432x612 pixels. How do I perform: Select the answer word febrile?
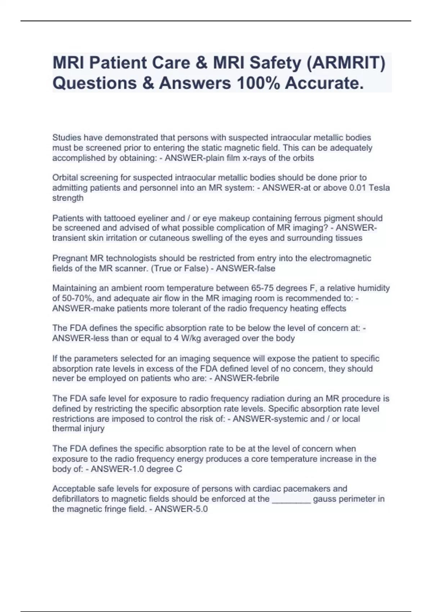pos(266,378)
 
